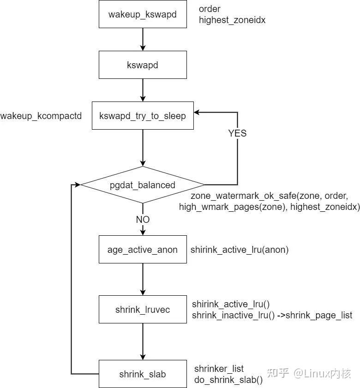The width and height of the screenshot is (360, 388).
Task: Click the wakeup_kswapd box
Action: click(142, 14)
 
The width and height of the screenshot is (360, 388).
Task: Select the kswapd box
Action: click(142, 65)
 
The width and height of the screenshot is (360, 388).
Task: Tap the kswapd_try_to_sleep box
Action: click(142, 116)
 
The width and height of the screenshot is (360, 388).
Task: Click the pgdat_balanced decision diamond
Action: click(142, 185)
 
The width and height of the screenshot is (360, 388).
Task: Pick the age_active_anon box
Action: click(142, 250)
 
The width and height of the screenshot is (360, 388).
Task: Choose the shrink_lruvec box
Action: click(142, 310)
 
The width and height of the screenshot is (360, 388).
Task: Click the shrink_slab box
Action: click(142, 374)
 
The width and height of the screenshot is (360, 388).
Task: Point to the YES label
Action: click(237, 133)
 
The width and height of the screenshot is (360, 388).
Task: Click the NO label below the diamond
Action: click(142, 219)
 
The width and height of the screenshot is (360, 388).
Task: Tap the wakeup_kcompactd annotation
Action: click(41, 116)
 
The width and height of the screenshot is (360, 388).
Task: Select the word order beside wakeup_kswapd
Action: click(210, 9)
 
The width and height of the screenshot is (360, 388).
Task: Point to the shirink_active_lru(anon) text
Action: click(240, 250)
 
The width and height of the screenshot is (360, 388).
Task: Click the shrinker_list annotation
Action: click(219, 369)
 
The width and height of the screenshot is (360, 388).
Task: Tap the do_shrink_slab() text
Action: click(228, 380)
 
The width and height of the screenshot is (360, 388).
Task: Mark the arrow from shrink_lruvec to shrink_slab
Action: click(142, 341)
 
